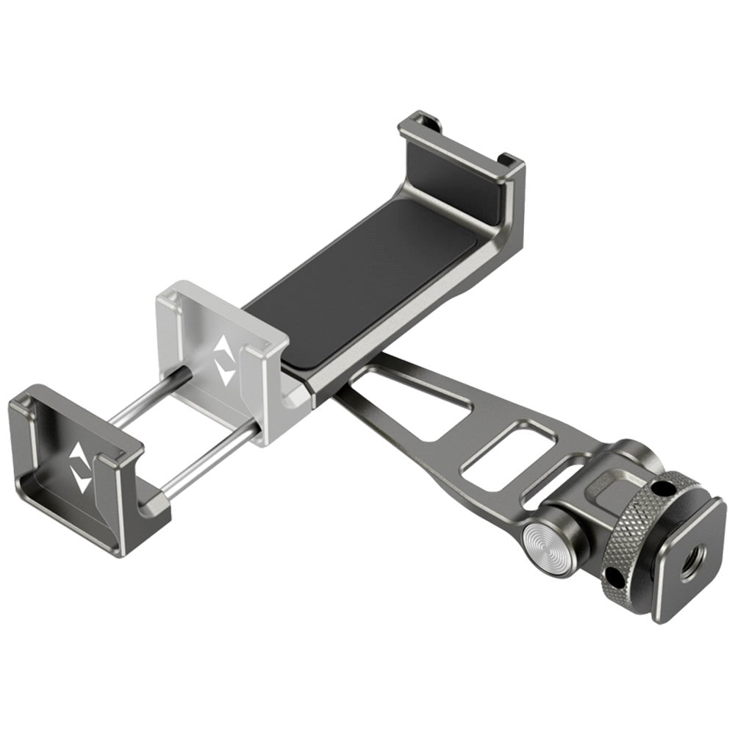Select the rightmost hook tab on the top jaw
pos(506,157)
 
